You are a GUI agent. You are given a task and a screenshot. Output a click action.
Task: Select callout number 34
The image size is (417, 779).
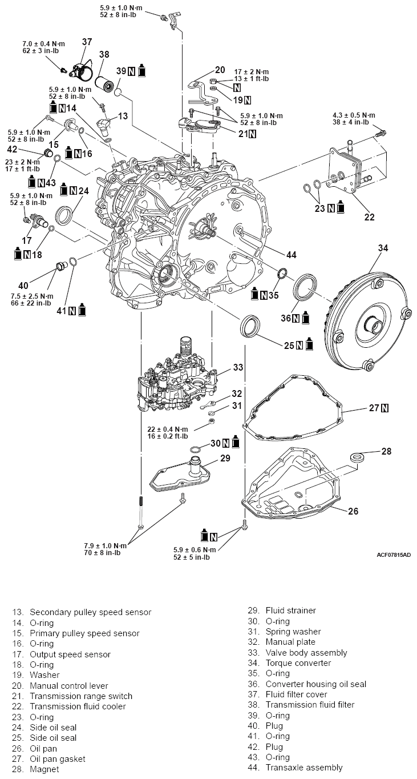(x=383, y=248)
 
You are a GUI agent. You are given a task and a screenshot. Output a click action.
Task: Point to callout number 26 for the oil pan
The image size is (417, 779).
(x=353, y=511)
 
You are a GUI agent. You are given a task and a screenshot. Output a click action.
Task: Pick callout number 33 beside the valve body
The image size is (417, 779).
(x=237, y=367)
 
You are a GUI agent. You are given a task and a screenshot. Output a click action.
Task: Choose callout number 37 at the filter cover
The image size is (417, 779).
(x=87, y=42)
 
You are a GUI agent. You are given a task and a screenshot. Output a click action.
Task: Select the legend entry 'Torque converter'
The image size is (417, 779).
(x=297, y=663)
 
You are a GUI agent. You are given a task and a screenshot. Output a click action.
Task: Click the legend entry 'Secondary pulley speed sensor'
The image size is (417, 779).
(x=90, y=612)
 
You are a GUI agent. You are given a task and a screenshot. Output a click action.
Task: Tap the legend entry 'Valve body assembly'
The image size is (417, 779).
(x=306, y=653)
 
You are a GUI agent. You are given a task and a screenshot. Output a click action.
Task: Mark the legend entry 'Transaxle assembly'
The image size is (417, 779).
(x=303, y=768)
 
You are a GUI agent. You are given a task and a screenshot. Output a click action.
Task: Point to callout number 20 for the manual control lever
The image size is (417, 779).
(x=220, y=69)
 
